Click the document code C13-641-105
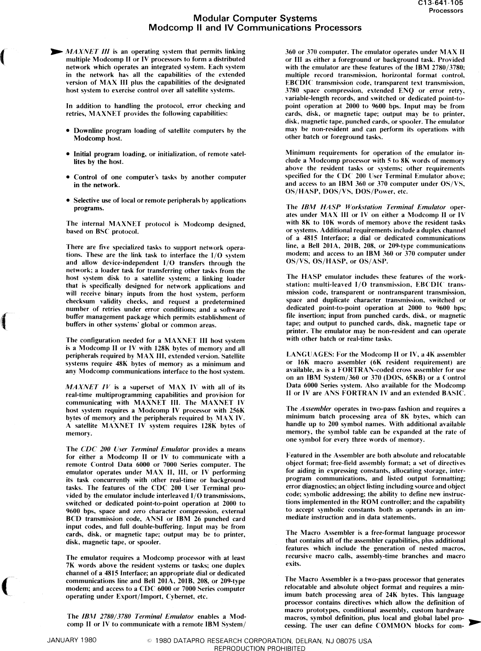(446, 4)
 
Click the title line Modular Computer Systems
(256, 19)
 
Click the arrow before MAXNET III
(57, 52)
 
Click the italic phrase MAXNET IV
(83, 387)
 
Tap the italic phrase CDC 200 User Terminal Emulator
(135, 449)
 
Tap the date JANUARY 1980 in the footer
(72, 640)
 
